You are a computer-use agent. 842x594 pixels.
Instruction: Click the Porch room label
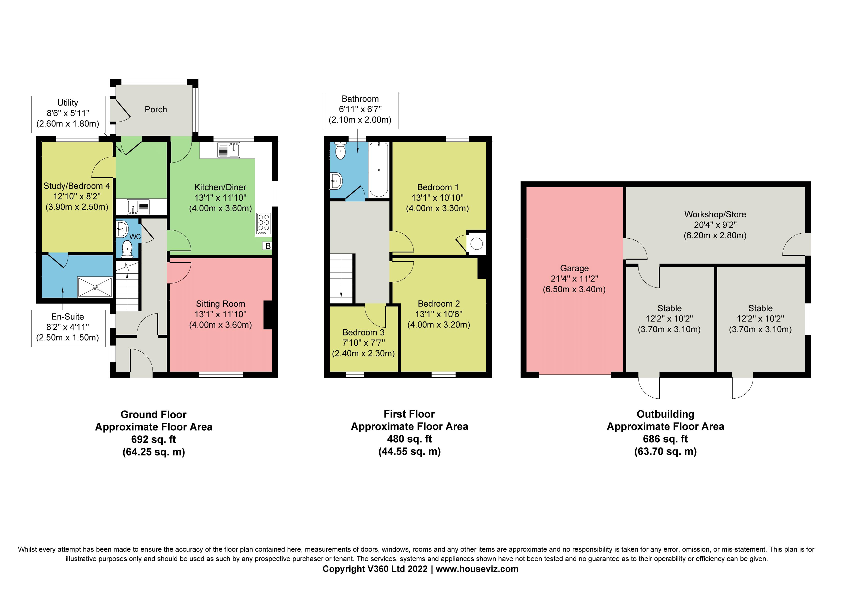156,110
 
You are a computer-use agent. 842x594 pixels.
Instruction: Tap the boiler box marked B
268,246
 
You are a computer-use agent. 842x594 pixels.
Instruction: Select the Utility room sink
138,207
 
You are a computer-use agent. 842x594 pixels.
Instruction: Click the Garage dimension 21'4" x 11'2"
574,279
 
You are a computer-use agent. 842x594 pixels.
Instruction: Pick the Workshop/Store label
715,214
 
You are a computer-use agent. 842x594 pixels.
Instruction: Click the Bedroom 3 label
363,332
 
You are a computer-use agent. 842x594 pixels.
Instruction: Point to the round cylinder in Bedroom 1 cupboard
476,244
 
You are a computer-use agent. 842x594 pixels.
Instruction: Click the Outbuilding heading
665,414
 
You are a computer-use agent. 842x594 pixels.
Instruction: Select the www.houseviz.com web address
477,569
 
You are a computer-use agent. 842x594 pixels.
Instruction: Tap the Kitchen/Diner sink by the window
229,150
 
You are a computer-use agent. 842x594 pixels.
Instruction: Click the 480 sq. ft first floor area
409,439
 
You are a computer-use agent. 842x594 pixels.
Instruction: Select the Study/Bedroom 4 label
77,186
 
